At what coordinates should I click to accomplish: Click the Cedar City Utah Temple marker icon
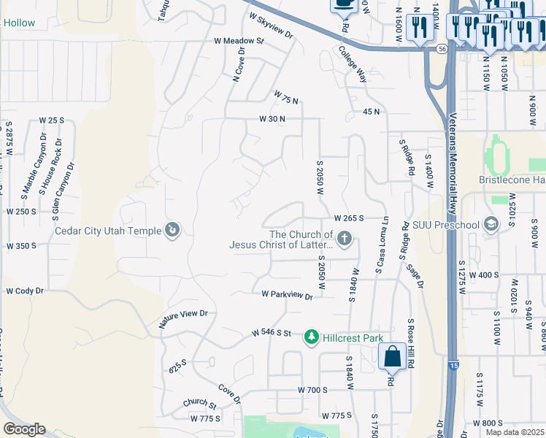173,231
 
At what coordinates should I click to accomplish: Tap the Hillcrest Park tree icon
312,336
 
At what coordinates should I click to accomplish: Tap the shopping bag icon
393,356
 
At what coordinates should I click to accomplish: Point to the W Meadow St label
239,41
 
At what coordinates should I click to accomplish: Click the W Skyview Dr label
270,26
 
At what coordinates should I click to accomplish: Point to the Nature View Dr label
184,316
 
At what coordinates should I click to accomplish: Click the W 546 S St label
272,333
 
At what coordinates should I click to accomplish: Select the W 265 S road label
349,218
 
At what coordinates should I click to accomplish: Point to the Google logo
24,429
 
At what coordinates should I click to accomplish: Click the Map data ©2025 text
515,432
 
